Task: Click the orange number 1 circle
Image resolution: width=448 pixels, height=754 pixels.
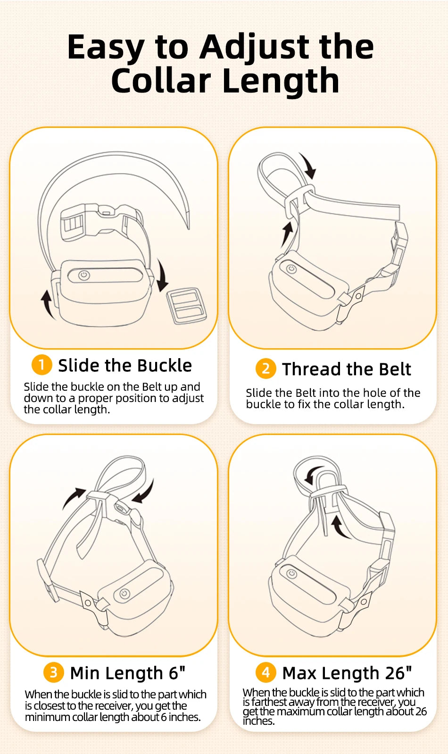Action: point(41,365)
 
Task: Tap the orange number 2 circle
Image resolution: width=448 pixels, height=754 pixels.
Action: point(265,369)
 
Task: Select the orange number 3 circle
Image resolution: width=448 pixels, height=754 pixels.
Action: point(53,672)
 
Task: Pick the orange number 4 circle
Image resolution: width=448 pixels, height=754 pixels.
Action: point(265,672)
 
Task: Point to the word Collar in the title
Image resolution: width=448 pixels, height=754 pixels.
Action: point(160,80)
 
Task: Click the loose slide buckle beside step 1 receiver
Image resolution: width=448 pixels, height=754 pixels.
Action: point(186,305)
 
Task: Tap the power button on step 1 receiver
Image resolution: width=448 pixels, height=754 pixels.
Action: point(84,275)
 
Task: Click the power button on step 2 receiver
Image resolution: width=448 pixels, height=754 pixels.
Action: point(291,269)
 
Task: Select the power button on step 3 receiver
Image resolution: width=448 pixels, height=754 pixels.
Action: point(124,594)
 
